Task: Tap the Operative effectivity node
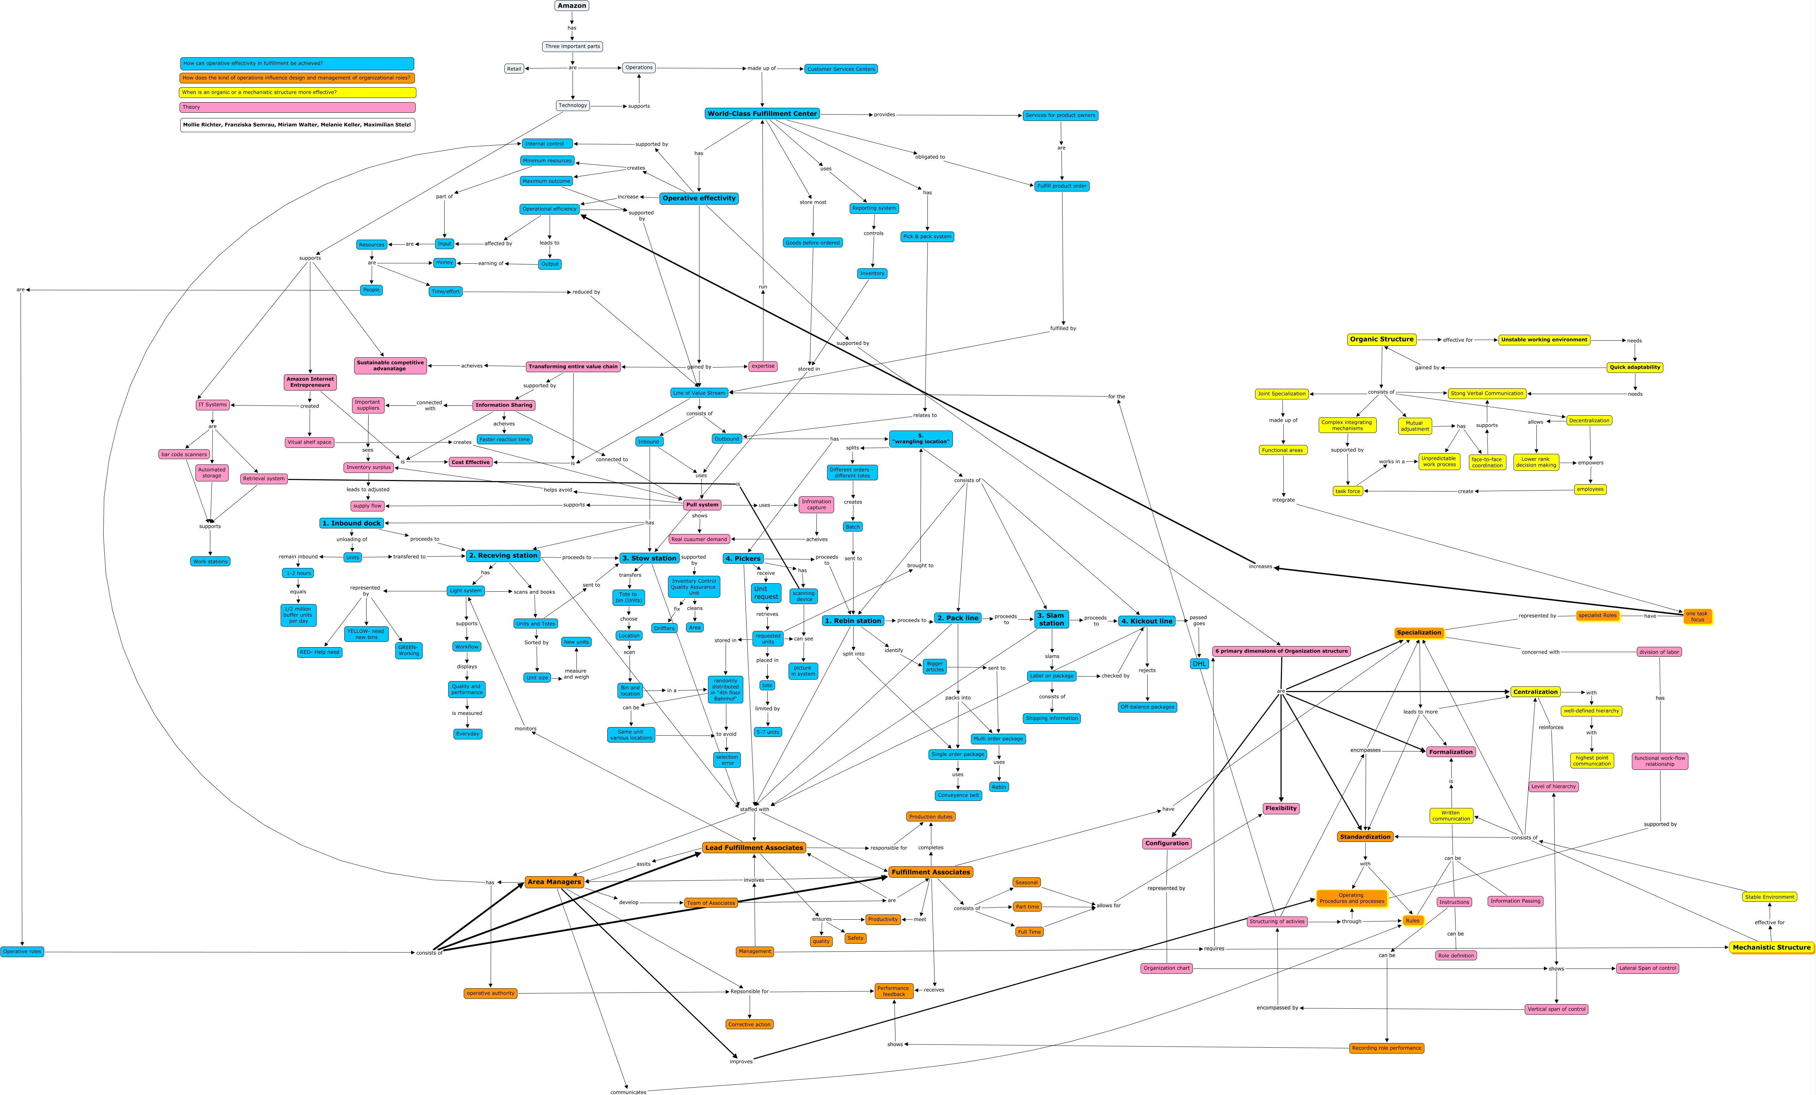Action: tap(699, 198)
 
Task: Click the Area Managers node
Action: tap(554, 882)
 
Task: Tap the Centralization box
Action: tap(1535, 692)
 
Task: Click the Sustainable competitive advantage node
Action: tap(390, 365)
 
